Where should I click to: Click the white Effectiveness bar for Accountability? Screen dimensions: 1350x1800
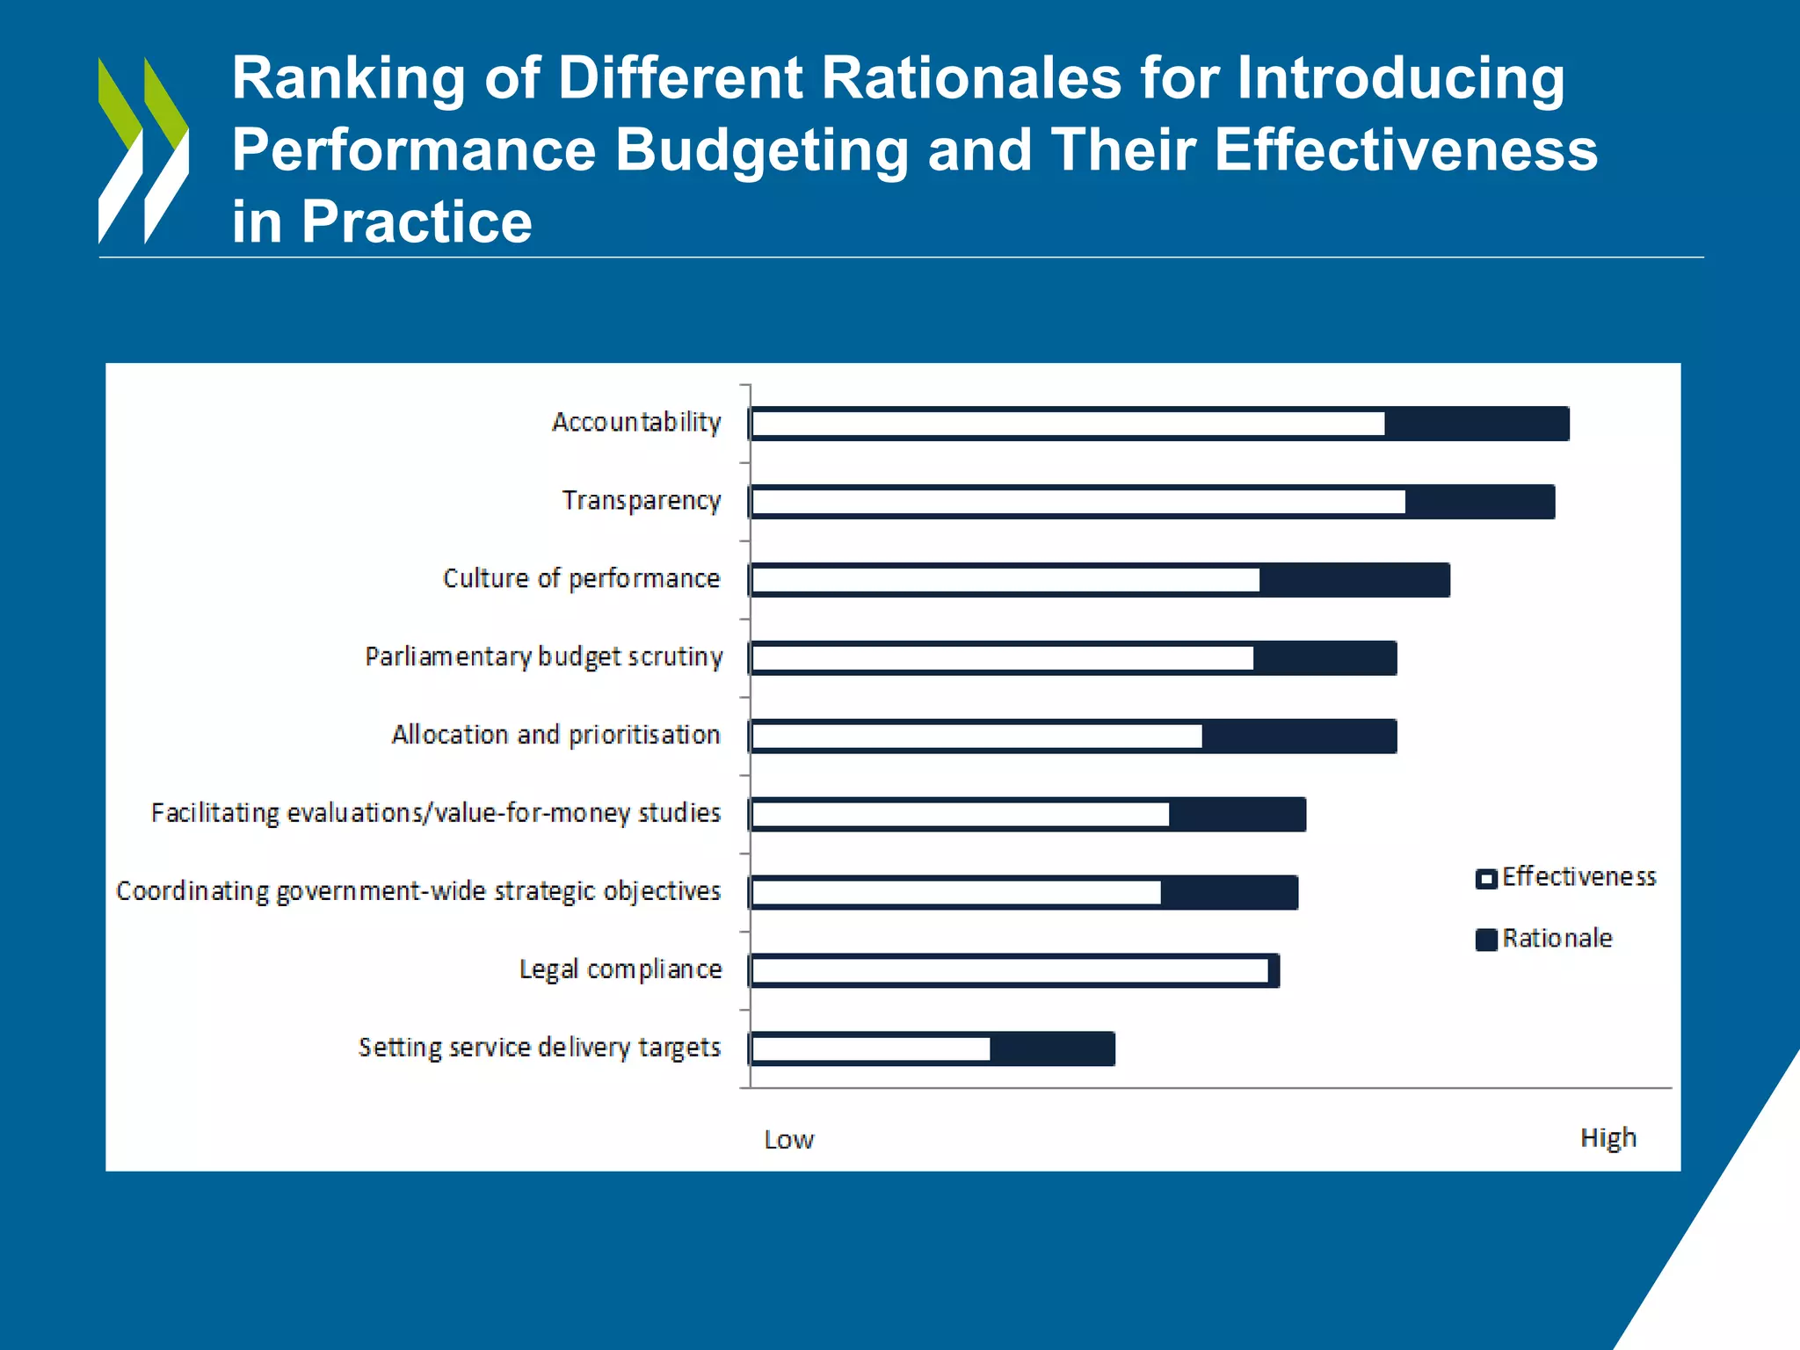pyautogui.click(x=1068, y=424)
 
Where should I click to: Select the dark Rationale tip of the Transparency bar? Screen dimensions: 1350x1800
pyautogui.click(x=1479, y=502)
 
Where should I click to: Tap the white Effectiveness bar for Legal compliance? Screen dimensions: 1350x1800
pyautogui.click(x=1010, y=970)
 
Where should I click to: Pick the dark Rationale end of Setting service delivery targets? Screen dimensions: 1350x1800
pyautogui.click(x=1052, y=1049)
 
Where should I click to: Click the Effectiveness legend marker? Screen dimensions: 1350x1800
pyautogui.click(x=1486, y=878)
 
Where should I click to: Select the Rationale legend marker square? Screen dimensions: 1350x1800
pyautogui.click(x=1486, y=940)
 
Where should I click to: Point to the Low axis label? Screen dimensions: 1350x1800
pyautogui.click(x=788, y=1140)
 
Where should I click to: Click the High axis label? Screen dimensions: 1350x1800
pyautogui.click(x=1608, y=1137)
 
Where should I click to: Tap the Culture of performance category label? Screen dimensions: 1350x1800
pyautogui.click(x=581, y=578)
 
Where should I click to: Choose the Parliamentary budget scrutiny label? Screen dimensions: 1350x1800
pyautogui.click(x=544, y=657)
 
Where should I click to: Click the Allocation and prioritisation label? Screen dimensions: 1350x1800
pyautogui.click(x=555, y=735)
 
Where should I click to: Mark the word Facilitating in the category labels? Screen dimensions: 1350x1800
pyautogui.click(x=215, y=813)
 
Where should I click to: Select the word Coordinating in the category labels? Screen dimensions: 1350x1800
pyautogui.click(x=192, y=891)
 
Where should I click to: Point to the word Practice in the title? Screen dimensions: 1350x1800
pyautogui.click(x=417, y=221)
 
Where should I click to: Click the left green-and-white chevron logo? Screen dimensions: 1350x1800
pyautogui.click(x=120, y=149)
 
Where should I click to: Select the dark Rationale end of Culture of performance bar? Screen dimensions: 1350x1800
pyautogui.click(x=1354, y=580)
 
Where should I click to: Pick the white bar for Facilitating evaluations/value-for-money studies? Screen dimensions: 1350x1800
pyautogui.click(x=961, y=815)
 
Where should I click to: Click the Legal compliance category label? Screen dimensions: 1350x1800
pyautogui.click(x=620, y=969)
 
